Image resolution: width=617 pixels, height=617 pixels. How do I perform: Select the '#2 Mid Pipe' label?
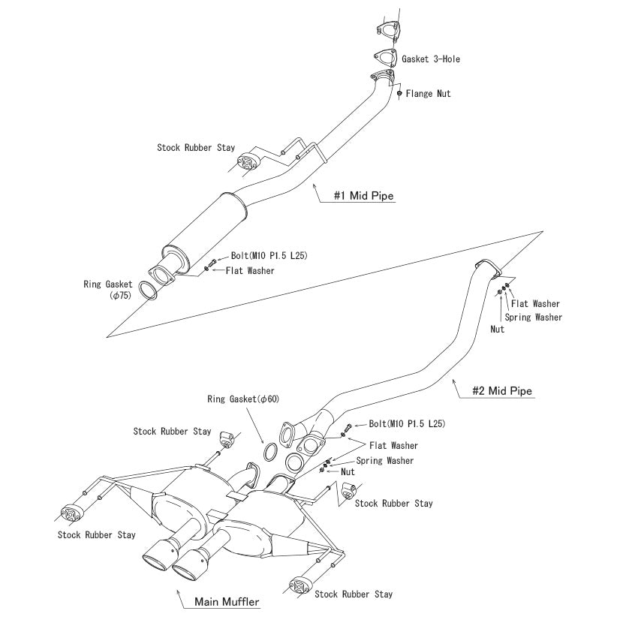[x=502, y=390]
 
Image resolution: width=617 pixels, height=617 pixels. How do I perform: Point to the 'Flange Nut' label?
[x=429, y=94]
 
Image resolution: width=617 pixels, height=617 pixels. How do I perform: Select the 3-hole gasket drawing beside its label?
[x=385, y=57]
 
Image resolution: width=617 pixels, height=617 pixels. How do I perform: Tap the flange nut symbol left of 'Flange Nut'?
[x=399, y=94]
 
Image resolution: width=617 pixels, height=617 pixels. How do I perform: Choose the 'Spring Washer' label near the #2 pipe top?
[x=533, y=317]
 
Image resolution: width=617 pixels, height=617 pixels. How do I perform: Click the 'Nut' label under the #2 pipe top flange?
[x=497, y=329]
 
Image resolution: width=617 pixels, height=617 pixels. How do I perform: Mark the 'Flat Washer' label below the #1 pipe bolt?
[x=250, y=270]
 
